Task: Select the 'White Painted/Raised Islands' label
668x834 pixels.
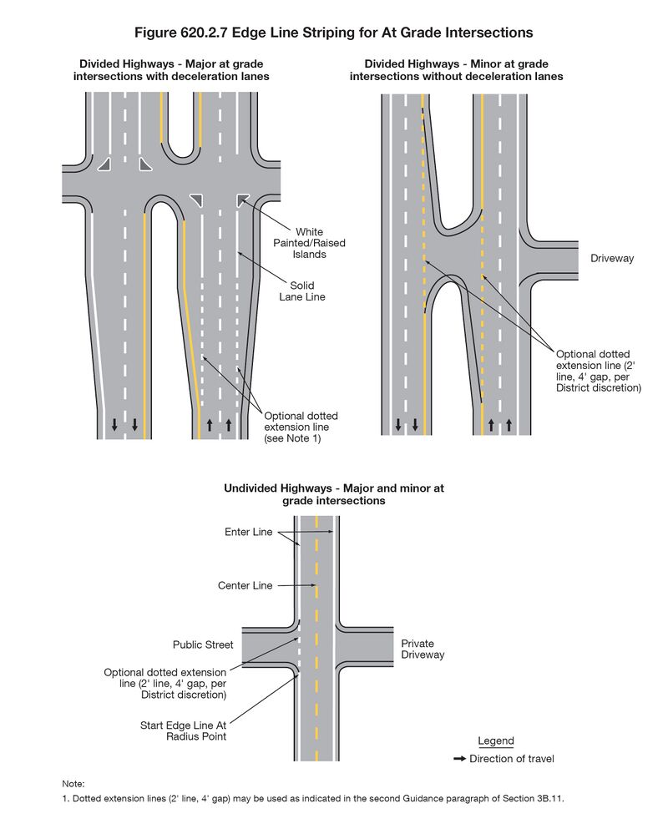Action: [x=309, y=243]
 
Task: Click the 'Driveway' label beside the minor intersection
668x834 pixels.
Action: [x=612, y=259]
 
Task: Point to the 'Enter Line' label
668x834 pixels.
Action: [x=249, y=532]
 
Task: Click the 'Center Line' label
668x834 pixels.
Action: [x=245, y=586]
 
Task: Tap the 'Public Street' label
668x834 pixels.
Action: [x=203, y=645]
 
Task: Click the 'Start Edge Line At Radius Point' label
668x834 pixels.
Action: [x=183, y=731]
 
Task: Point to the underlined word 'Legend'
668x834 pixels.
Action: [x=496, y=741]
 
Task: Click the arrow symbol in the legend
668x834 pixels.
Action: [x=459, y=759]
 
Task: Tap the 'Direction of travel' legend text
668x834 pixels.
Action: [x=512, y=759]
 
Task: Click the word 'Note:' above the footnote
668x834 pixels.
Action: [x=73, y=784]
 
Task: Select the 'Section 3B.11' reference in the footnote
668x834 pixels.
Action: [x=534, y=799]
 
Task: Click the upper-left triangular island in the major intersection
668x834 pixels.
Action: [x=104, y=164]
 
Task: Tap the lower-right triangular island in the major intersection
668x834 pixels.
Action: [x=243, y=199]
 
